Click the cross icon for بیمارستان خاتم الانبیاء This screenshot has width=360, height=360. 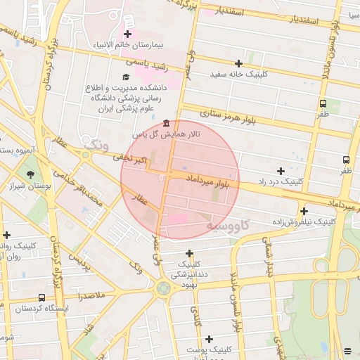127,34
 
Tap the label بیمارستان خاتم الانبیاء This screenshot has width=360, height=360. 130,46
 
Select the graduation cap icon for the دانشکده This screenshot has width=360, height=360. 126,77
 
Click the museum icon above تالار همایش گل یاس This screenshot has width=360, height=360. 165,122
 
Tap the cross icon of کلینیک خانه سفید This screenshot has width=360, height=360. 238,63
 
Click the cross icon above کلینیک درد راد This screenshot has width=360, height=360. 281,171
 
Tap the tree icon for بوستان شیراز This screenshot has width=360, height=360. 30,174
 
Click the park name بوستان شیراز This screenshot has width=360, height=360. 27,186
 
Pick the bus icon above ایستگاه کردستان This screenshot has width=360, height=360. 41,297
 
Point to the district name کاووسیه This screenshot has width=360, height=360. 228,225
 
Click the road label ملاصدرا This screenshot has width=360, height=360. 91,297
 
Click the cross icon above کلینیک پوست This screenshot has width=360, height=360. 209,338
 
